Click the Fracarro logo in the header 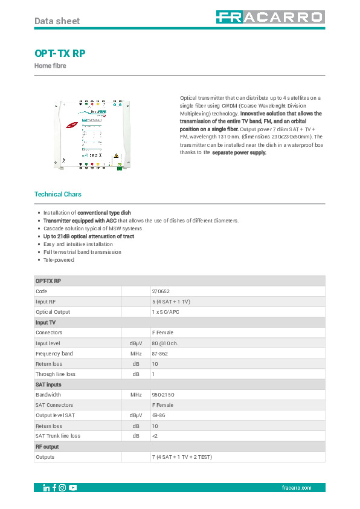[x=269, y=18]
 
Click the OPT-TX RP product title [x=60, y=53]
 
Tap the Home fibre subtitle [x=50, y=66]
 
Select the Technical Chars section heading [x=58, y=194]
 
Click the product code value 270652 [x=161, y=291]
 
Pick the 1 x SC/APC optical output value [x=166, y=312]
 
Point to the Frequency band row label [x=54, y=353]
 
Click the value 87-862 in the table [x=161, y=353]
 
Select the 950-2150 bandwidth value [x=163, y=394]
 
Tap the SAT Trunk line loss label [x=60, y=435]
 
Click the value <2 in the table [x=155, y=435]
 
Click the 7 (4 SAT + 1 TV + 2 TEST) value [x=182, y=456]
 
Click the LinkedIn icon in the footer [x=47, y=488]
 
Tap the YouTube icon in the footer [x=73, y=488]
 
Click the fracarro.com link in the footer [x=296, y=488]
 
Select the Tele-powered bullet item [x=59, y=260]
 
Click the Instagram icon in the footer [x=62, y=488]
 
